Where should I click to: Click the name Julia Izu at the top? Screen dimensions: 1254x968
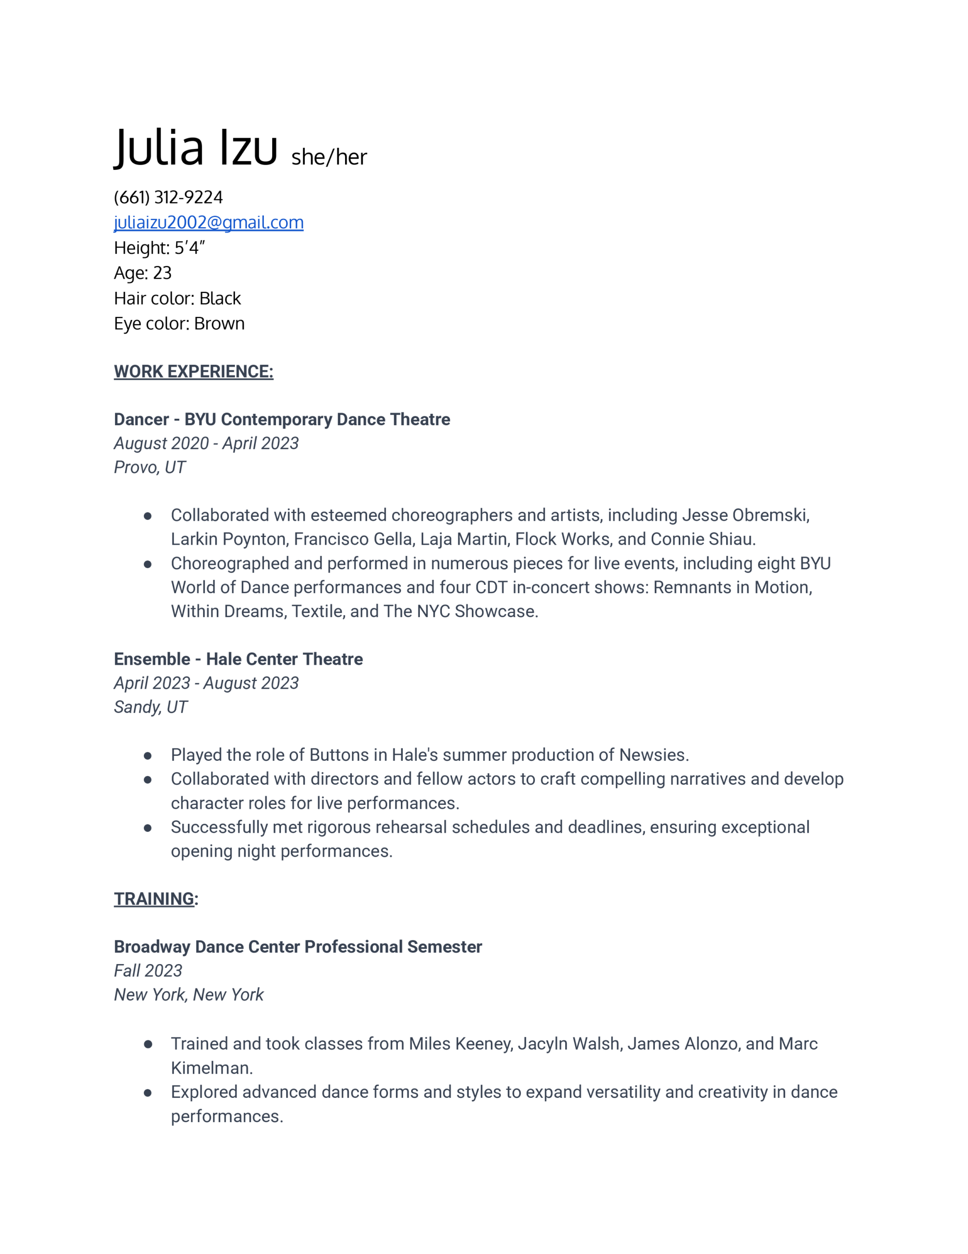195,147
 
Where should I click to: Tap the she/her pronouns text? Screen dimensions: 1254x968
329,157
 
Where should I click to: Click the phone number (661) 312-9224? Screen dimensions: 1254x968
168,197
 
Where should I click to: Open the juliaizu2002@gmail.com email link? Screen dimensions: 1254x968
208,222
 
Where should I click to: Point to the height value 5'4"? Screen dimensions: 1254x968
189,247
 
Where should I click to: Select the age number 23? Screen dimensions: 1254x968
162,273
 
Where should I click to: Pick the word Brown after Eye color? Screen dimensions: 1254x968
219,323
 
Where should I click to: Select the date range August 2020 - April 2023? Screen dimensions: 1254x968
206,443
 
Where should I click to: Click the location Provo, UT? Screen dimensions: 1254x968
149,467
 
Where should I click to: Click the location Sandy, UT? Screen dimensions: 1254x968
150,707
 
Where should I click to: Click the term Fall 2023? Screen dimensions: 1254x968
147,970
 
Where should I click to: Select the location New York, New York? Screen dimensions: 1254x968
188,994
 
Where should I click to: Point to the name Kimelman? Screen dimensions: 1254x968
210,1068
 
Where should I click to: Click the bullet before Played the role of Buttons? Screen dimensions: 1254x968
147,756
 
